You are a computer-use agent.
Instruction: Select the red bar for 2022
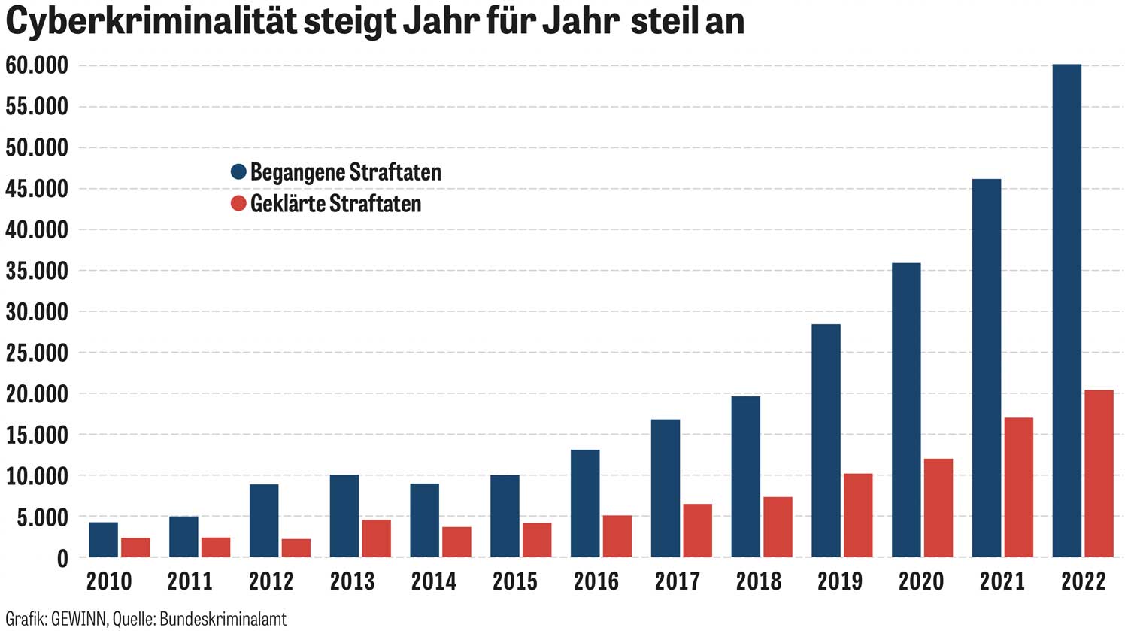pyautogui.click(x=1099, y=474)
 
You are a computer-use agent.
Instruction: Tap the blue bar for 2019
pyautogui.click(x=826, y=441)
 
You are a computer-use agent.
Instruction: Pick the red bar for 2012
pyautogui.click(x=296, y=548)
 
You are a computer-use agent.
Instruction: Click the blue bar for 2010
pyautogui.click(x=103, y=539)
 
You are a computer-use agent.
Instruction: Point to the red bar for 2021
pyautogui.click(x=1018, y=487)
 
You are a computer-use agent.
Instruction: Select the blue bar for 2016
pyautogui.click(x=585, y=503)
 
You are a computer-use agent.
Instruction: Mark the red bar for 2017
pyautogui.click(x=697, y=530)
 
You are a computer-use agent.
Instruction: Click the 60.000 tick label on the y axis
pyautogui.click(x=37, y=66)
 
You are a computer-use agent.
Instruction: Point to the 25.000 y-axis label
pyautogui.click(x=37, y=353)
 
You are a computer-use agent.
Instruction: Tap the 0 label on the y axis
pyautogui.click(x=62, y=559)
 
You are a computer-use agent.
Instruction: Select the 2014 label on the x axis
pyautogui.click(x=434, y=581)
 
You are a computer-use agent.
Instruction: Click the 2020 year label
pyautogui.click(x=920, y=581)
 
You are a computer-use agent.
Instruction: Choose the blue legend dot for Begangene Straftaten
pyautogui.click(x=238, y=171)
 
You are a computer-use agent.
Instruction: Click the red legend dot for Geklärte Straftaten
pyautogui.click(x=238, y=203)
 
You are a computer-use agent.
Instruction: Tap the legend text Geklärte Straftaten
pyautogui.click(x=335, y=204)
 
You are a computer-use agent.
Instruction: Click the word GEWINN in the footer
pyautogui.click(x=80, y=619)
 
